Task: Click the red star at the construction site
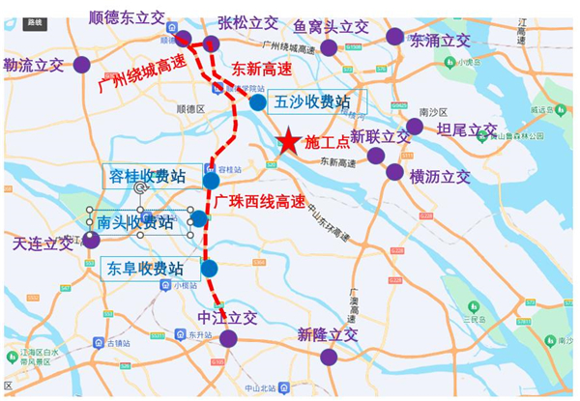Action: pos(288,142)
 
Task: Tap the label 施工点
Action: pos(326,141)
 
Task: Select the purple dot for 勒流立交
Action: pos(82,65)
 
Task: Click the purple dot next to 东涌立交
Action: pos(394,37)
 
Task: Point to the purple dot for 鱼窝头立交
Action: pos(329,47)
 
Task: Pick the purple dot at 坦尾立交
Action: pos(415,127)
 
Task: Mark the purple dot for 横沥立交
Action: pos(394,172)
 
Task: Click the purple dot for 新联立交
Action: pos(376,156)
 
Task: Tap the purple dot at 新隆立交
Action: pos(329,357)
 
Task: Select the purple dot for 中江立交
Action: pos(228,338)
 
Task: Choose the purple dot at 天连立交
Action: pos(91,240)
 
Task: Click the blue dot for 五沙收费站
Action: pos(257,102)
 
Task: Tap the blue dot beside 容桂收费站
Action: pos(211,181)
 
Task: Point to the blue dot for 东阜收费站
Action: pos(209,268)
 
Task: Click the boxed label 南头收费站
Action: pos(135,222)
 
